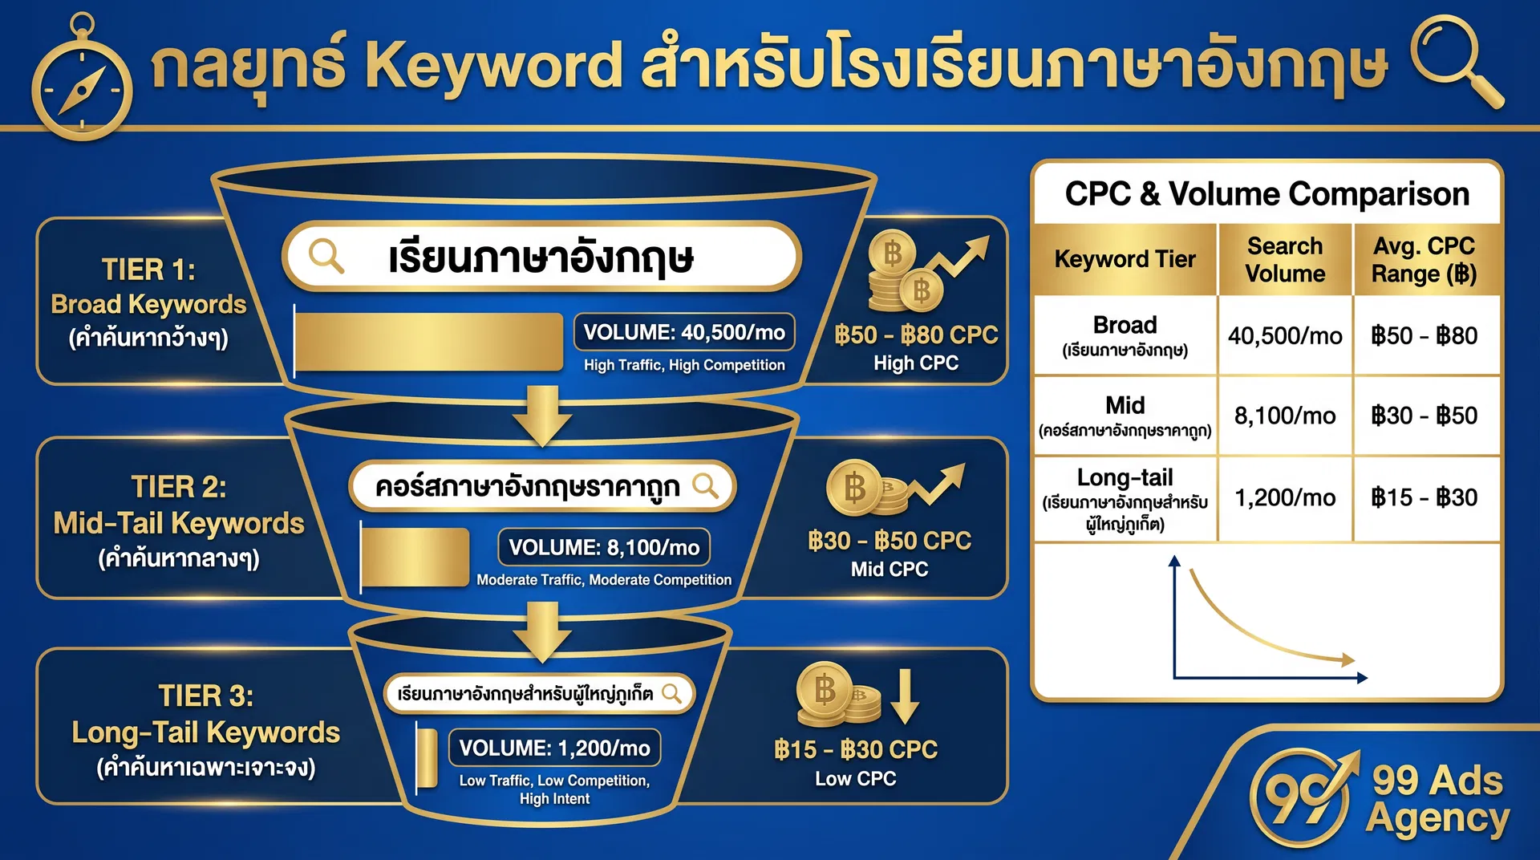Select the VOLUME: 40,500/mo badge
[683, 332]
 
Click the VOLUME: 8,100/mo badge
[604, 547]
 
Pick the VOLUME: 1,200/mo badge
[554, 748]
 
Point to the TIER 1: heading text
[148, 270]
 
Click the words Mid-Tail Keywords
[179, 523]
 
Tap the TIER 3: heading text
[205, 696]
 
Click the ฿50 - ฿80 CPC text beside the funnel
[916, 335]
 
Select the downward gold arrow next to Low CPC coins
[905, 696]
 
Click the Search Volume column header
[1285, 259]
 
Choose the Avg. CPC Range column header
[1424, 259]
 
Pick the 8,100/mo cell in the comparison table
[1285, 416]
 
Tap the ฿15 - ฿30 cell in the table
[1424, 497]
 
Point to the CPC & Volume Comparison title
[1266, 194]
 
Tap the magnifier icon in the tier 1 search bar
[326, 257]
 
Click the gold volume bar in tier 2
[415, 556]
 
